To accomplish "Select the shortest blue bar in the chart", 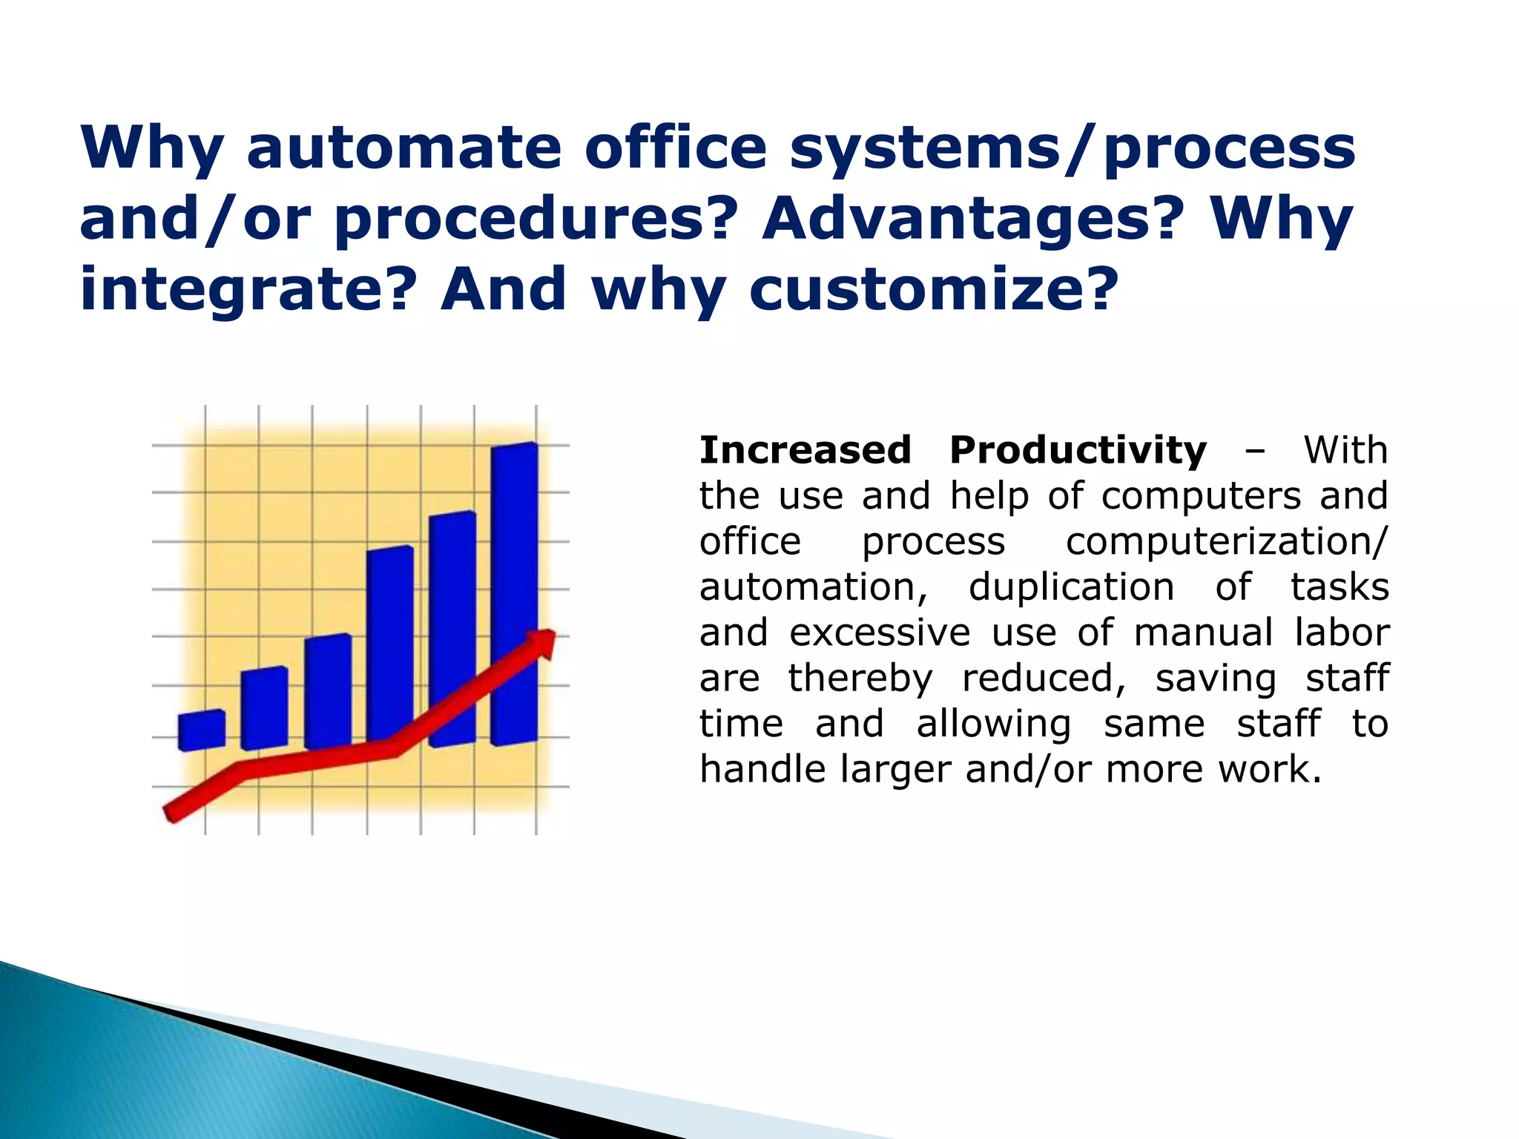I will coord(202,730).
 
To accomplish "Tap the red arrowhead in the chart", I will coord(541,642).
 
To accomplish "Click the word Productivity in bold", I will coord(1078,450).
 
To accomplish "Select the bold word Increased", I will coord(805,450).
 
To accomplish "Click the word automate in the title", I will coord(403,148).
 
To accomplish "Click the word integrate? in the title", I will coord(246,291).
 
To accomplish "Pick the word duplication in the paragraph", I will coord(1071,587).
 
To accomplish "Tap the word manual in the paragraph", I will coord(1202,633).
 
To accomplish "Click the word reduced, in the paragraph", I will coord(1044,679).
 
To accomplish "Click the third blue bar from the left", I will coord(328,691).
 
